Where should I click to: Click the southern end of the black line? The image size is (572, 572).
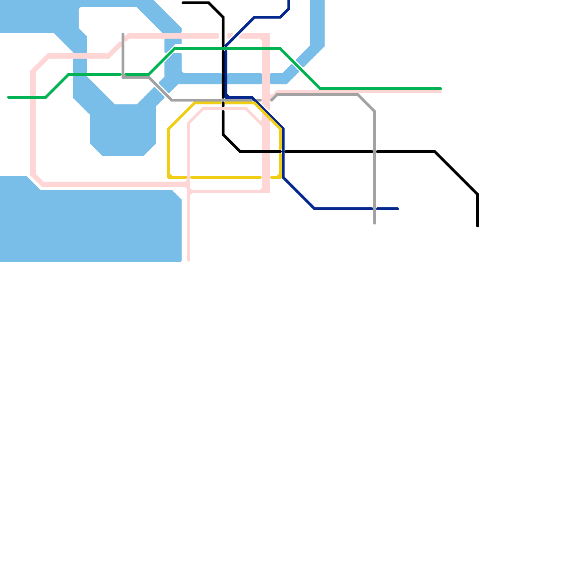pyautogui.click(x=478, y=226)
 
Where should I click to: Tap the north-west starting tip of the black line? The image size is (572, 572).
pyautogui.click(x=183, y=3)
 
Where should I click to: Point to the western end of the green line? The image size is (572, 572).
pyautogui.click(x=9, y=97)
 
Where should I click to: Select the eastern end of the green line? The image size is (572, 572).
pyautogui.click(x=441, y=89)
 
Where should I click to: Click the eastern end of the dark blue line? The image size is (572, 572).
pyautogui.click(x=398, y=209)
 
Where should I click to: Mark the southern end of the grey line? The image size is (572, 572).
pyautogui.click(x=375, y=223)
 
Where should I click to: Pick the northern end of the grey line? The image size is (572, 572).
pyautogui.click(x=123, y=34)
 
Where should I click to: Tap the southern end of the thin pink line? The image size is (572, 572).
pyautogui.click(x=189, y=260)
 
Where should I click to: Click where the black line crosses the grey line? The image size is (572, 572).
pyautogui.click(x=375, y=152)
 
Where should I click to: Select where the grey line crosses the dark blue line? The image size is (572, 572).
pyautogui.click(x=375, y=209)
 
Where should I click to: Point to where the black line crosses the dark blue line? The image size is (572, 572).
pyautogui.click(x=283, y=152)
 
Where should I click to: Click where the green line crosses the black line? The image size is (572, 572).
pyautogui.click(x=223, y=49)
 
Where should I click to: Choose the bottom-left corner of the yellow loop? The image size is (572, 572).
pyautogui.click(x=169, y=177)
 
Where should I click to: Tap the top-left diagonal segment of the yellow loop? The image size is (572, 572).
pyautogui.click(x=182, y=116)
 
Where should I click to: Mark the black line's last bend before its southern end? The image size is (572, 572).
pyautogui.click(x=478, y=194)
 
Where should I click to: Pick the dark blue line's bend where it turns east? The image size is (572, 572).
pyautogui.click(x=315, y=209)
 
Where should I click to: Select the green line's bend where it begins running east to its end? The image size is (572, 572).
pyautogui.click(x=321, y=89)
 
